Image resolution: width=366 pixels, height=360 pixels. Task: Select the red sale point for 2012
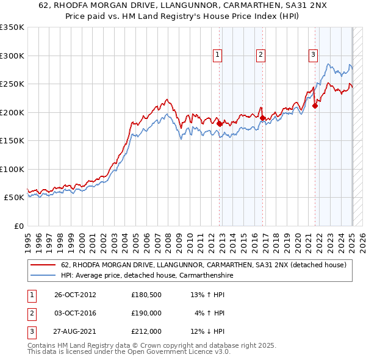[220, 123]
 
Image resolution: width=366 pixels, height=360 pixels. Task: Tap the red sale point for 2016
[262, 118]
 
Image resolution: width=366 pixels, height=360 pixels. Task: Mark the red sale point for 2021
[315, 106]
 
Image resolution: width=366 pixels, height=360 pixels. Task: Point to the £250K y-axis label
[12, 84]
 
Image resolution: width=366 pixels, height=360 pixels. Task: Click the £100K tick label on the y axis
[12, 169]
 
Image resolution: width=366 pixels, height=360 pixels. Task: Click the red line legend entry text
[204, 265]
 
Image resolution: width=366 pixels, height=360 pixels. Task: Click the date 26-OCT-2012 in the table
[75, 295]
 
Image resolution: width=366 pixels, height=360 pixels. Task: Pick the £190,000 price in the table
[146, 313]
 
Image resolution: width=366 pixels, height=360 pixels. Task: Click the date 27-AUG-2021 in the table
[75, 331]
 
